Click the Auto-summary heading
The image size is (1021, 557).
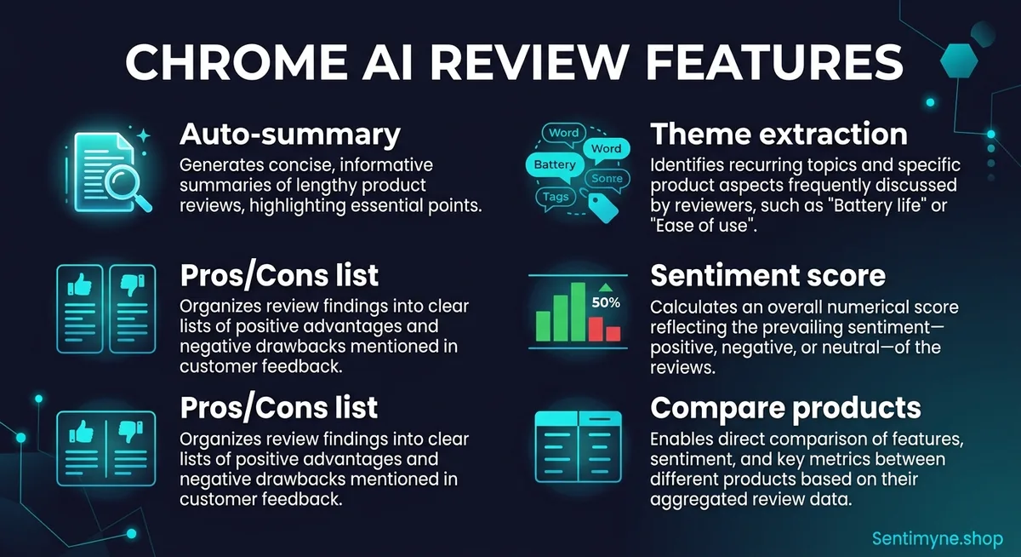[290, 135]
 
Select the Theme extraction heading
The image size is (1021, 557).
[779, 134]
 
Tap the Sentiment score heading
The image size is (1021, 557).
[767, 276]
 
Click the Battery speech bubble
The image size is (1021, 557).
[555, 165]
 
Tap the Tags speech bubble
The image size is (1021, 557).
[556, 198]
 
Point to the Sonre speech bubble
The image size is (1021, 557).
[607, 179]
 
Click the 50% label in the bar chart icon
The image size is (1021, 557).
[606, 302]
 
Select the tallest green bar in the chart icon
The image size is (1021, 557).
[578, 312]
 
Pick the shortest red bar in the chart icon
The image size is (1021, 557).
[613, 334]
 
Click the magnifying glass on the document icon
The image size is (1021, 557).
[125, 187]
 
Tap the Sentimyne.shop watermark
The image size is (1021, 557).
[938, 539]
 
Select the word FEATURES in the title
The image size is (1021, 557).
[774, 62]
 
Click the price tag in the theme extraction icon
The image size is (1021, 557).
[602, 208]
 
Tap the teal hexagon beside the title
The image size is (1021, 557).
[959, 60]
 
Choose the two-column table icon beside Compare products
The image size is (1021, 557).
[578, 446]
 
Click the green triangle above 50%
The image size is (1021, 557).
[605, 287]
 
